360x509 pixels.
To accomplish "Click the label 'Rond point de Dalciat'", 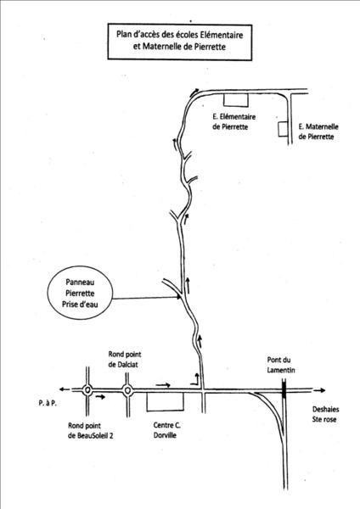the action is coord(125,360).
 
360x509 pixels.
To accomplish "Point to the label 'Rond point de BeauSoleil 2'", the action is coord(91,430).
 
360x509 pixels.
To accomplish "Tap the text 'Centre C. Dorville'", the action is coord(167,430).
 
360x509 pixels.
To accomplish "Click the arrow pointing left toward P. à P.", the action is coord(65,389).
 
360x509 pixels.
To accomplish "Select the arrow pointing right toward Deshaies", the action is coord(319,390).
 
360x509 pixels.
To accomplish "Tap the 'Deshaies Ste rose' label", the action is coord(324,414).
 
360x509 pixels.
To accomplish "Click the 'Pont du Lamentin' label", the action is coord(281,365).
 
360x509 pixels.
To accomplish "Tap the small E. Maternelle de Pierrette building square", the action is coord(278,129).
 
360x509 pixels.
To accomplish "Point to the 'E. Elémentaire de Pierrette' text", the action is coord(234,121).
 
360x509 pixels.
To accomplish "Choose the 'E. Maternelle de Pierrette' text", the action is coord(318,131).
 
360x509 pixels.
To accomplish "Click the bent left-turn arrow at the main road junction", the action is coord(196,379).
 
